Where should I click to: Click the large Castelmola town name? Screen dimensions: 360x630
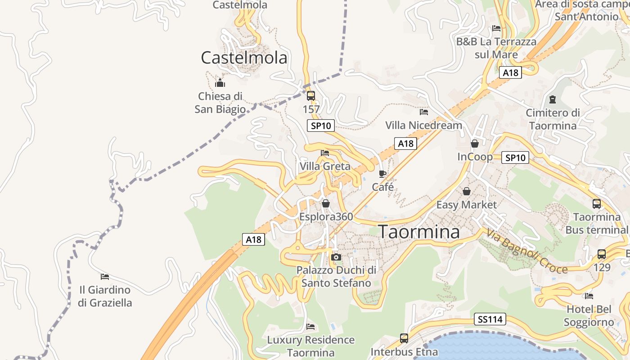click(x=244, y=58)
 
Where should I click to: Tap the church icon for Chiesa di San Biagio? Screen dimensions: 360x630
click(x=220, y=83)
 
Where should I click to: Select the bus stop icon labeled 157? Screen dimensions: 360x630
click(x=311, y=95)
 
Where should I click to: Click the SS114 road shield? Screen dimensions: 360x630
click(x=490, y=319)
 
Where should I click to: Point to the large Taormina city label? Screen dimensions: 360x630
click(x=419, y=232)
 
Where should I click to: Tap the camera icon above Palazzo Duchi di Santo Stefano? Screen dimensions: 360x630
click(x=336, y=257)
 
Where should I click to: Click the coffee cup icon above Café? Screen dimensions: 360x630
click(x=382, y=174)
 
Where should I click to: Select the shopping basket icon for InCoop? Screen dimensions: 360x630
click(x=474, y=144)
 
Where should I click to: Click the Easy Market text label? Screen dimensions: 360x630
click(x=467, y=205)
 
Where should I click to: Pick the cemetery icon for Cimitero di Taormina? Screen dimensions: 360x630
click(x=553, y=99)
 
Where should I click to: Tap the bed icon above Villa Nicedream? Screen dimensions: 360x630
click(x=423, y=112)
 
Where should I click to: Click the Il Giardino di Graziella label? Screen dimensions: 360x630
click(x=105, y=296)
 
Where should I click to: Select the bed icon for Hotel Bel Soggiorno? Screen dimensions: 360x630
click(x=589, y=296)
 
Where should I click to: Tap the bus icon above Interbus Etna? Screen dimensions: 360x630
click(x=404, y=337)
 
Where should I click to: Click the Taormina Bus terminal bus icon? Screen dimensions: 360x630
click(x=597, y=203)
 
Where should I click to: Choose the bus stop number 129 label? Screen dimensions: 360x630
click(x=602, y=267)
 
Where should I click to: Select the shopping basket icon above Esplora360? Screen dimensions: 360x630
click(x=326, y=203)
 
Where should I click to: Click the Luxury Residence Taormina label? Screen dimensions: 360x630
click(x=310, y=346)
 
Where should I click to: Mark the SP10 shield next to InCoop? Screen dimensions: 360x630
click(x=515, y=157)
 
